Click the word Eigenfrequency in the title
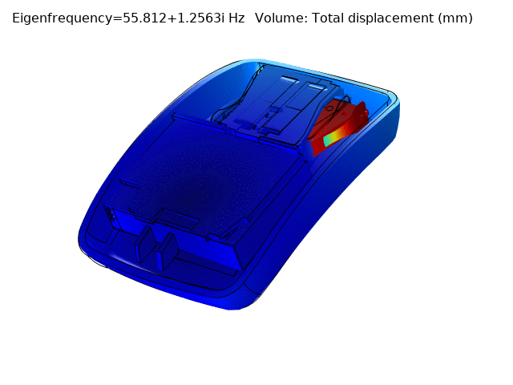point(63,18)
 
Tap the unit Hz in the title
point(236,18)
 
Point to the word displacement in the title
point(390,18)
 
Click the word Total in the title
point(328,18)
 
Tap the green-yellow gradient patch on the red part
point(334,137)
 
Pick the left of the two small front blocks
point(145,244)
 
